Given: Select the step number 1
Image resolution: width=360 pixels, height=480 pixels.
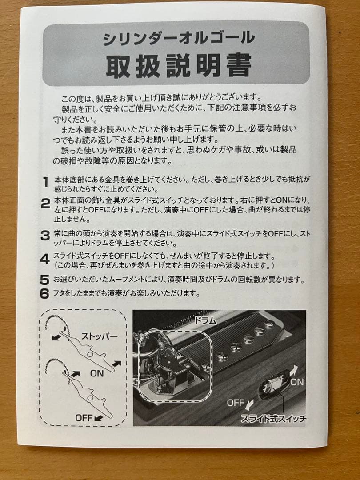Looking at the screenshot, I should click(x=45, y=182).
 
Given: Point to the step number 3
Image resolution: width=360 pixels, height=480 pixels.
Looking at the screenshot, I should click(x=45, y=236).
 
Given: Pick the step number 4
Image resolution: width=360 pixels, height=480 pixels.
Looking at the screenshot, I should click(x=45, y=259).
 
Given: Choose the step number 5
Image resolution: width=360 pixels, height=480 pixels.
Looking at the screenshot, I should click(x=44, y=280).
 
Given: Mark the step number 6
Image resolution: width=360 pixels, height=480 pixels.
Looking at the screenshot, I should click(x=44, y=294).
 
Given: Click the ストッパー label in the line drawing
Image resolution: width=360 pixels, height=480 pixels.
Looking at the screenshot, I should click(x=99, y=336).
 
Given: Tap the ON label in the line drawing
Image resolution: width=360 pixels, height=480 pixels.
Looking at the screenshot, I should click(x=96, y=374).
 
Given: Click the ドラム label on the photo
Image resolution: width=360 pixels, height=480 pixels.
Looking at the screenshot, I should click(x=205, y=320).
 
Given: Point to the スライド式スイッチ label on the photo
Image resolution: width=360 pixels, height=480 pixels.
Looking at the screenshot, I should click(x=273, y=418).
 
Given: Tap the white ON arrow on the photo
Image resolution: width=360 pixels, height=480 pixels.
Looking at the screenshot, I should click(x=293, y=370).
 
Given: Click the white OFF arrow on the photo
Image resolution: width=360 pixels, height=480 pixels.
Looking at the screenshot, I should click(x=250, y=404).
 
